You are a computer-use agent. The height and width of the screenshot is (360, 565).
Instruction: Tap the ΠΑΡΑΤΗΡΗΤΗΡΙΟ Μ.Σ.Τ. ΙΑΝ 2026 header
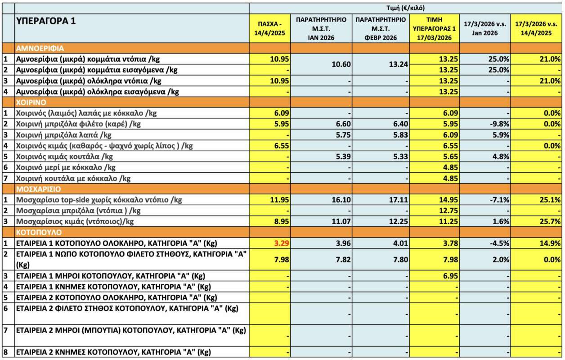tap(321, 28)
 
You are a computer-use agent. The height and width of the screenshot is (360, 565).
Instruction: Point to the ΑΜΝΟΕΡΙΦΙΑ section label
tap(40, 48)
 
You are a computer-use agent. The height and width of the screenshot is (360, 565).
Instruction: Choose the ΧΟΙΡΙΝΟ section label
tap(32, 102)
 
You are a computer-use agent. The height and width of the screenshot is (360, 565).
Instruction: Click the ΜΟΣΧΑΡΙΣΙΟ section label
tap(38, 189)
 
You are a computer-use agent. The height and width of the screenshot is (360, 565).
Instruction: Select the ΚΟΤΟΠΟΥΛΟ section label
tap(38, 232)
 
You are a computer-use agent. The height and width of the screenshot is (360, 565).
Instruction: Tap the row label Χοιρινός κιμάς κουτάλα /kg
tap(64, 157)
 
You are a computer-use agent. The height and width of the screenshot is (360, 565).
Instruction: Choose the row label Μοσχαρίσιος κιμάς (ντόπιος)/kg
tap(75, 221)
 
